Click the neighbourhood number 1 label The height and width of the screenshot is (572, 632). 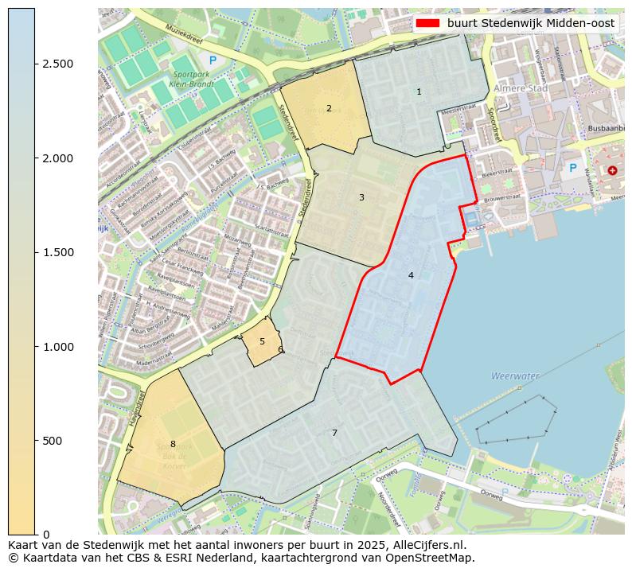419,92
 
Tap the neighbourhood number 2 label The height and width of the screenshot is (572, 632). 329,108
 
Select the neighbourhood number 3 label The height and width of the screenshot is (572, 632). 361,197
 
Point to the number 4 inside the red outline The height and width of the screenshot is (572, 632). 411,275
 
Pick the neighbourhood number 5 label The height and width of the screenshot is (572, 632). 262,341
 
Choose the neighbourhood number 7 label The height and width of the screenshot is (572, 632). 334,433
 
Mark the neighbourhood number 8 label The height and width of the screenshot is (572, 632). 173,444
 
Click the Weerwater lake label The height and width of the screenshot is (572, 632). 515,375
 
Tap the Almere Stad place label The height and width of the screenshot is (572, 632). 517,88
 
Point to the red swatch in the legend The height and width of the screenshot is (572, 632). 427,24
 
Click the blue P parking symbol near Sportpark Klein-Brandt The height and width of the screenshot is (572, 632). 212,60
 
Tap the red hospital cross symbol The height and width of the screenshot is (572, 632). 611,170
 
